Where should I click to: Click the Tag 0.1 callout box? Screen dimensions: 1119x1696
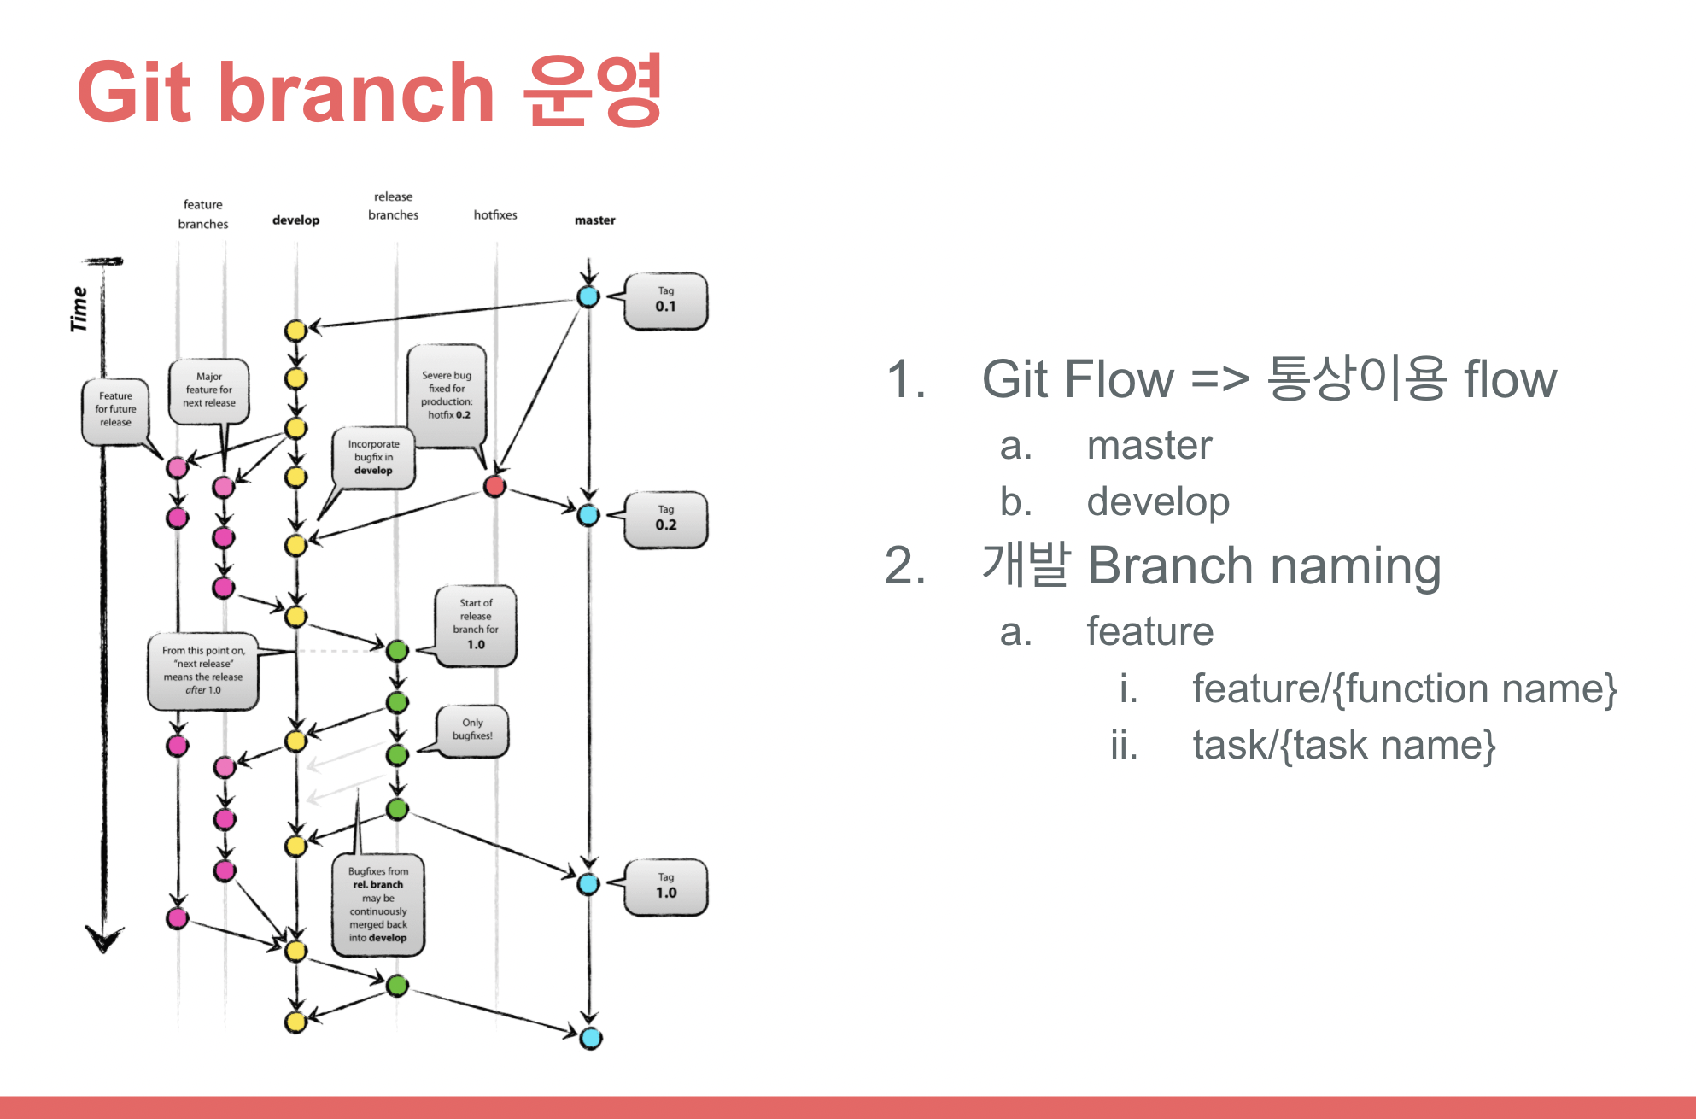click(665, 301)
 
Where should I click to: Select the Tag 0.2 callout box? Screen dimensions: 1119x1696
click(665, 519)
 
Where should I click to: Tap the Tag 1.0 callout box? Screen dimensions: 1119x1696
click(665, 887)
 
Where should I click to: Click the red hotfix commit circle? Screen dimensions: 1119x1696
click(494, 487)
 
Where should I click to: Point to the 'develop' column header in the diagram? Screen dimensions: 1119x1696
click(295, 220)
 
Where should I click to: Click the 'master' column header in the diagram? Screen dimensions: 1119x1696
click(594, 220)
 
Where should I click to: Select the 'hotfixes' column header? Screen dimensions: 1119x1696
click(495, 215)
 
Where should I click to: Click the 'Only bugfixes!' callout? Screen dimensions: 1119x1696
click(472, 729)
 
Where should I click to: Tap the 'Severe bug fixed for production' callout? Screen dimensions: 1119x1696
click(447, 395)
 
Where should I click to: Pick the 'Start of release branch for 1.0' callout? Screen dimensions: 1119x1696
click(476, 624)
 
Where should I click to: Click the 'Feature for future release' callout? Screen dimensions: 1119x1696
click(115, 409)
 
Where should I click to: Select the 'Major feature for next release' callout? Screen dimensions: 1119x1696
click(209, 390)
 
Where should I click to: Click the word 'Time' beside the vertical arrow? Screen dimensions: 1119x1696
click(79, 308)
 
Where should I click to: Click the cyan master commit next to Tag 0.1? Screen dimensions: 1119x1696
click(588, 296)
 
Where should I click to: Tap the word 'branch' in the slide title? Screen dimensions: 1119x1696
click(356, 92)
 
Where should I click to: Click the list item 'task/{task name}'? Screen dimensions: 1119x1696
click(1343, 745)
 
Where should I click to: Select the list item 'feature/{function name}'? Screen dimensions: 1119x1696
click(1404, 688)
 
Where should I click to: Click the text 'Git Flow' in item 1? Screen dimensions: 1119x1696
click(1078, 379)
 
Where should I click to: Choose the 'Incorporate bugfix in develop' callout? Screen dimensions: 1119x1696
click(373, 458)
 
